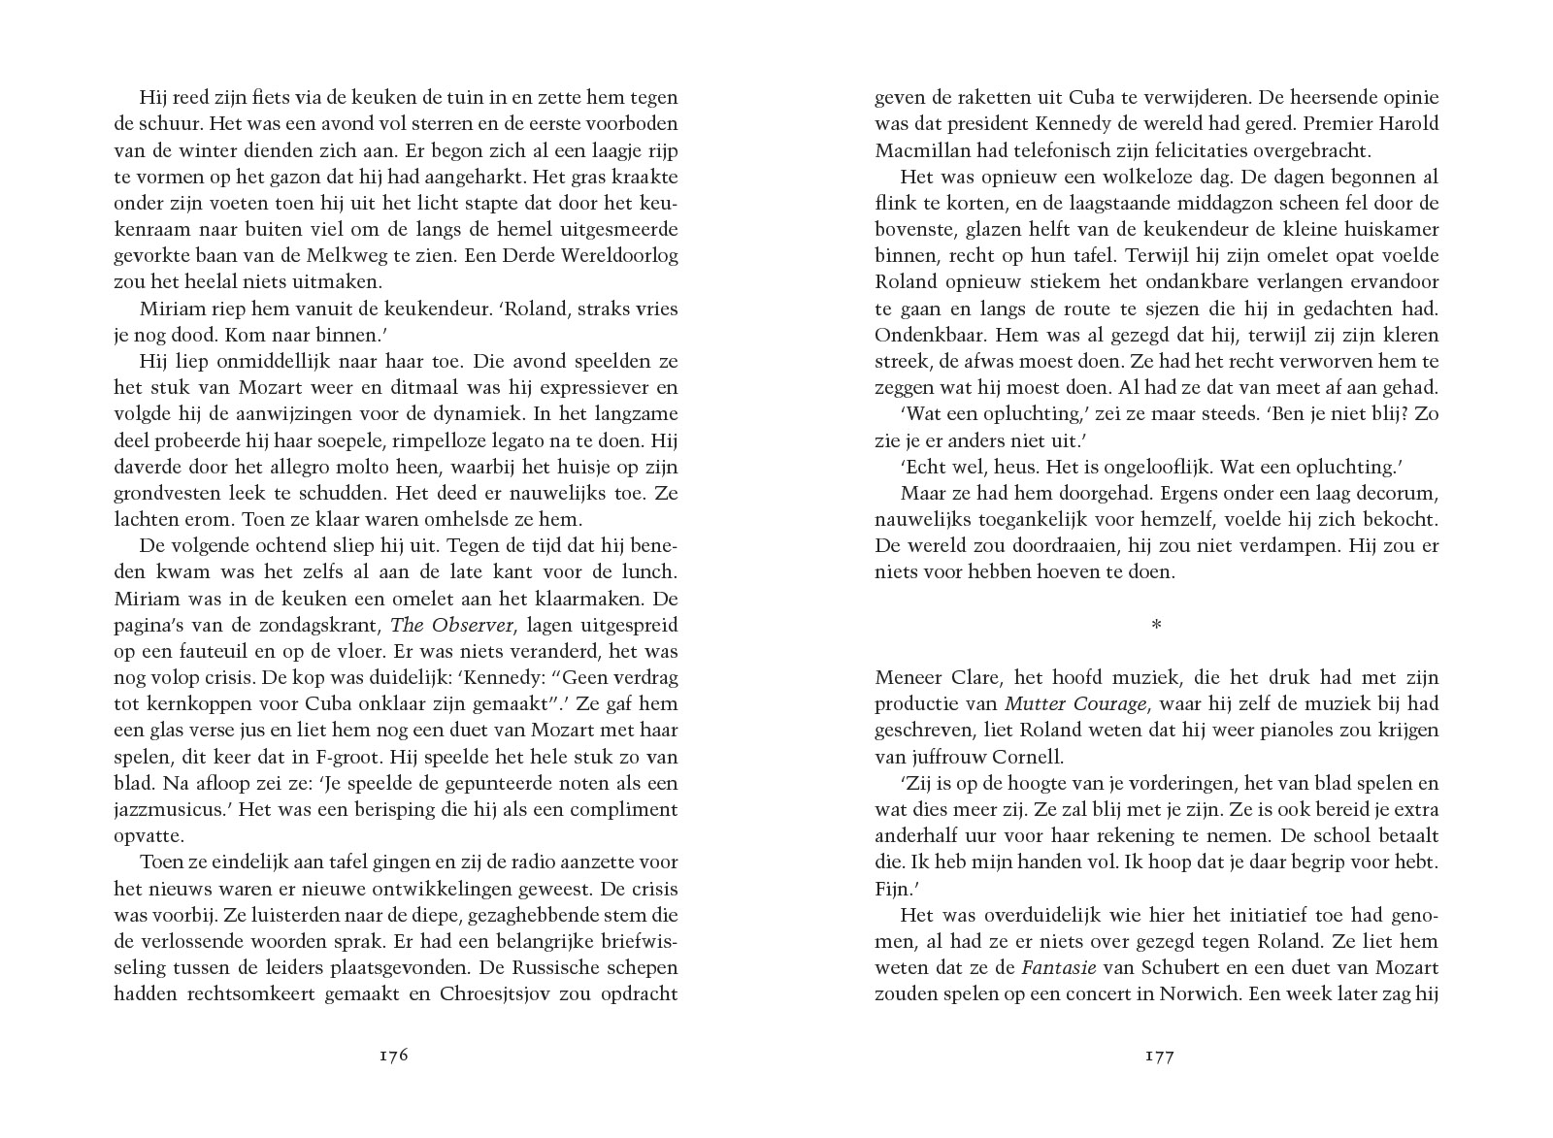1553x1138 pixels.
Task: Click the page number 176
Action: point(392,1056)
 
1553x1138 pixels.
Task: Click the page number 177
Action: point(1160,1056)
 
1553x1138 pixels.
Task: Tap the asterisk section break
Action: point(1156,626)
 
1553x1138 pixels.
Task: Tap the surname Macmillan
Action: point(919,150)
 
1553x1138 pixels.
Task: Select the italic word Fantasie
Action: point(1058,967)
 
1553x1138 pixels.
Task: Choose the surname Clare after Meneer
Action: point(972,677)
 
